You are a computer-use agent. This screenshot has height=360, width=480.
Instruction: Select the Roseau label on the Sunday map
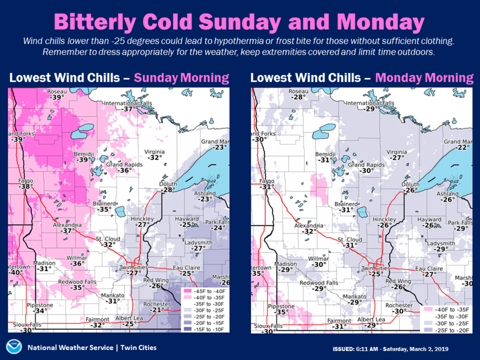(57, 92)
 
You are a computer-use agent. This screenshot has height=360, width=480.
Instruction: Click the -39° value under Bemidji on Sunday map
(83, 160)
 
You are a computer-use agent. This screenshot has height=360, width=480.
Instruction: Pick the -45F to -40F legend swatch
(187, 291)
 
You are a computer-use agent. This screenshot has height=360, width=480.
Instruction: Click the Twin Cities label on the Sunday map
(134, 267)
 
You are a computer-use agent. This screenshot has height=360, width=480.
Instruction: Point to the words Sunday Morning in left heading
(181, 78)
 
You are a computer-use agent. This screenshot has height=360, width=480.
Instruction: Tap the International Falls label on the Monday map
(370, 103)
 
